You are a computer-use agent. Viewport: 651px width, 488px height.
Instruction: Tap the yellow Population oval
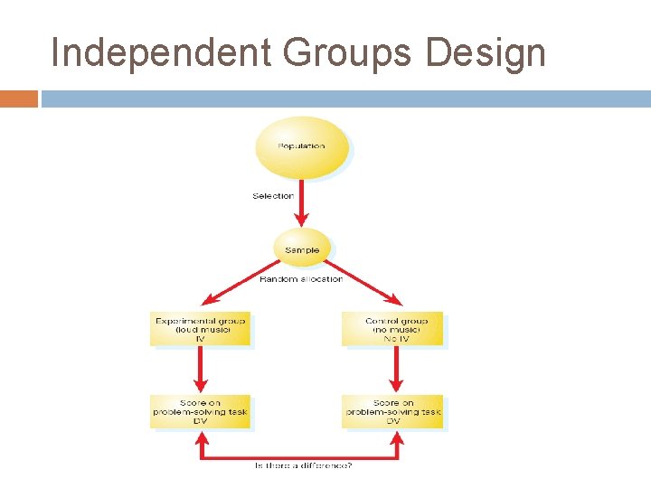coord(301,146)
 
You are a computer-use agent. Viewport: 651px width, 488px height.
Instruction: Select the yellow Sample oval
coord(302,249)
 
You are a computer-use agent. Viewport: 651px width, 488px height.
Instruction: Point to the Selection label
coord(272,195)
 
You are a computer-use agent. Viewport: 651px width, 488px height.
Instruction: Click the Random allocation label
coord(301,279)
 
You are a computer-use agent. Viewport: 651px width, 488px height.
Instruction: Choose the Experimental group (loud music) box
coord(200,329)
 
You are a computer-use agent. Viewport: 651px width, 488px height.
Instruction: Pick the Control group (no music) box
coord(393,329)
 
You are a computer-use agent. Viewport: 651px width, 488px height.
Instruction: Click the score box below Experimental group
coord(200,412)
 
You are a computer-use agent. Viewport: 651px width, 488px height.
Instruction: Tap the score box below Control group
coord(393,412)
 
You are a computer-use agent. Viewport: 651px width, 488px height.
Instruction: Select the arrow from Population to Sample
coord(302,203)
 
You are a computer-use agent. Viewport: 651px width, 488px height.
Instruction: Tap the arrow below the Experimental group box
coord(201,369)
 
